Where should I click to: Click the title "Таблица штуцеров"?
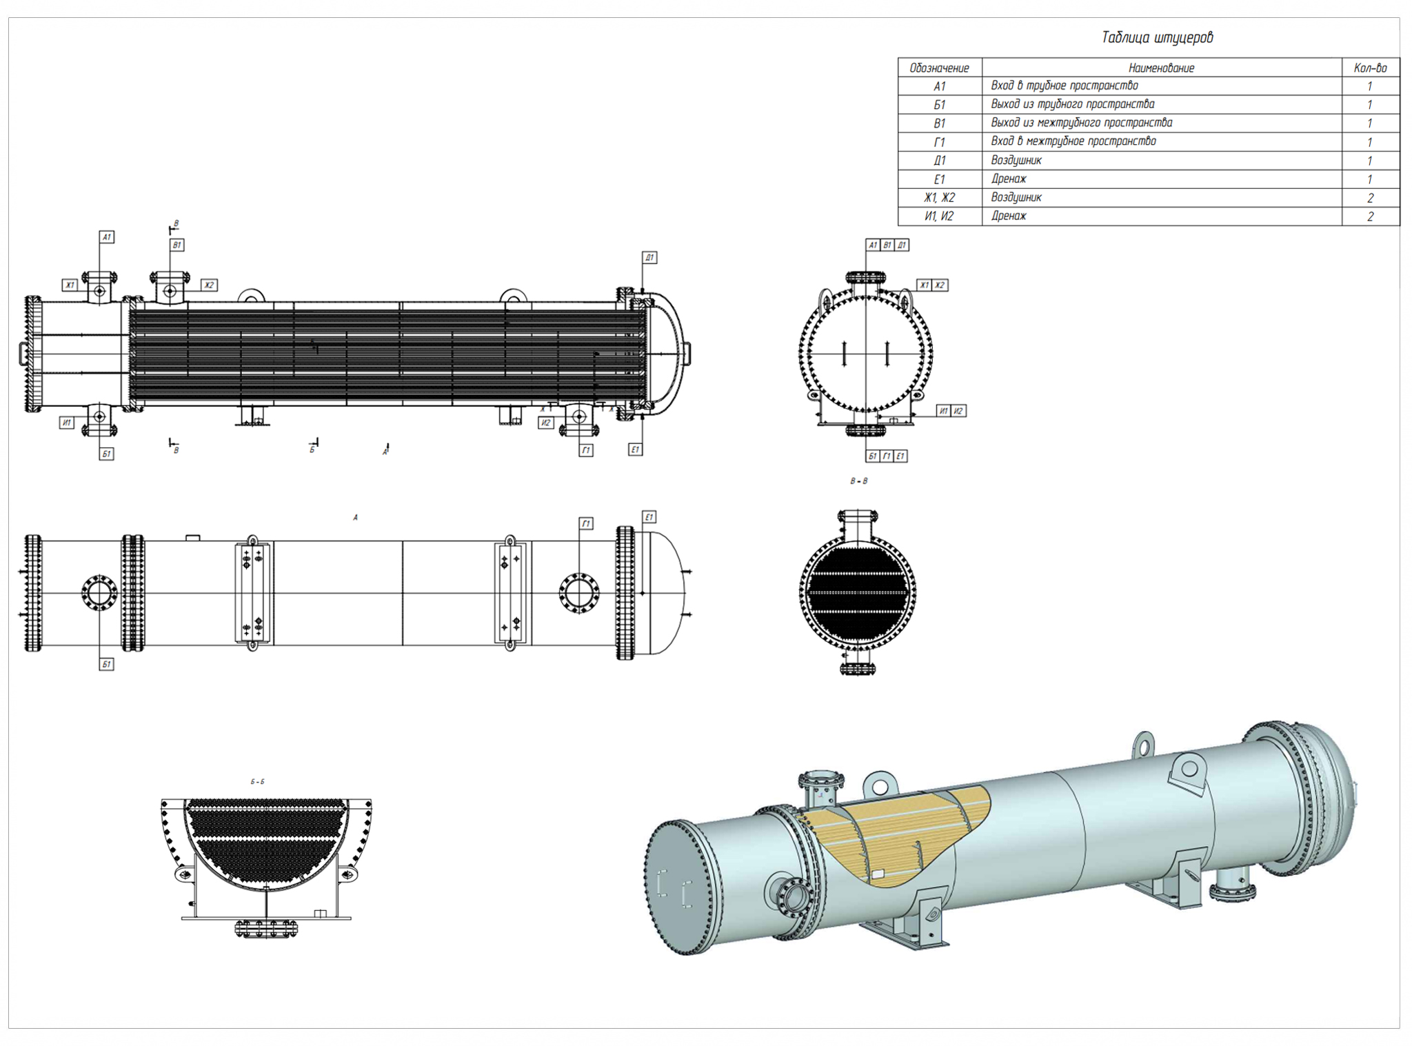pyautogui.click(x=1157, y=37)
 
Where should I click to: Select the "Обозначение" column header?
pyautogui.click(x=939, y=68)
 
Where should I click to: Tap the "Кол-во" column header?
pyautogui.click(x=1370, y=68)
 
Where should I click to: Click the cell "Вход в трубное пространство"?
pyautogui.click(x=1064, y=86)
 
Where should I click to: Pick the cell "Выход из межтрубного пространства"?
pyautogui.click(x=1081, y=123)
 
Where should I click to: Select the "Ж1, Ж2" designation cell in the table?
pyautogui.click(x=939, y=197)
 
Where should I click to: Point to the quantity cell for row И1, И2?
pyautogui.click(x=1370, y=216)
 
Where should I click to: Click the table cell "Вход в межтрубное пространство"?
pyautogui.click(x=1073, y=141)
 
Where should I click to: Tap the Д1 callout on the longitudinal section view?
pyautogui.click(x=649, y=257)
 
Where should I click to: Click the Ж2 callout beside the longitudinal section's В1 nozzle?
pyautogui.click(x=209, y=285)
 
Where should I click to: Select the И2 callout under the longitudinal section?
pyautogui.click(x=545, y=422)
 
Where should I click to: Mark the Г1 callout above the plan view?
pyautogui.click(x=585, y=523)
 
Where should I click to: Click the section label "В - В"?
pyautogui.click(x=858, y=481)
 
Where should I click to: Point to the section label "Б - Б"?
pyautogui.click(x=257, y=781)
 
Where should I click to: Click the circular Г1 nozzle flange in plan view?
pyautogui.click(x=579, y=592)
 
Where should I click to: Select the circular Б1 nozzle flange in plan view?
pyautogui.click(x=99, y=592)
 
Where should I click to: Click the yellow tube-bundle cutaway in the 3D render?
pyautogui.click(x=896, y=834)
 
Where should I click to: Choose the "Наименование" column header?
pyautogui.click(x=1161, y=68)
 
